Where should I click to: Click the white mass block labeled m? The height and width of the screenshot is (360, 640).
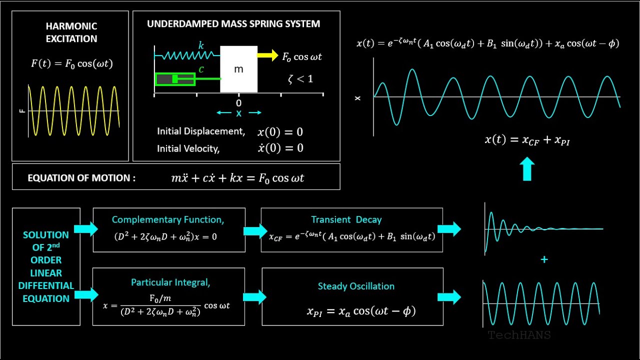(x=238, y=69)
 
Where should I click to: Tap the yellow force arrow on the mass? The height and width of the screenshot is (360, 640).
(x=268, y=55)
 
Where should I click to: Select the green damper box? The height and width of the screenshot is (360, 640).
(x=175, y=79)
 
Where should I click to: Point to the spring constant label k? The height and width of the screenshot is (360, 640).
(x=201, y=45)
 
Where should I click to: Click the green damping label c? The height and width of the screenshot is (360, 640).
(x=201, y=69)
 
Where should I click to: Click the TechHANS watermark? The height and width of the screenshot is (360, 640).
(x=519, y=335)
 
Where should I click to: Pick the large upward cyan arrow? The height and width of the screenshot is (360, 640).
(x=527, y=169)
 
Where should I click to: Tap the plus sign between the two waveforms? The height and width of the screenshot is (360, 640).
(x=544, y=259)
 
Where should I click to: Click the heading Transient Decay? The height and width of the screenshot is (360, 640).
(x=346, y=219)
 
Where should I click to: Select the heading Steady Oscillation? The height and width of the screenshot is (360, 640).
(x=356, y=286)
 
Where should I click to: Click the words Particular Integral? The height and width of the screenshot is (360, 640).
(x=170, y=282)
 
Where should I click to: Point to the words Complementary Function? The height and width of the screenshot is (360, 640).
(x=167, y=219)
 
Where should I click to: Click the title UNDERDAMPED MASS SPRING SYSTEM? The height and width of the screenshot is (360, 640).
(x=233, y=24)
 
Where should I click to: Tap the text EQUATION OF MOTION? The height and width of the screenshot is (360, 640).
(x=81, y=178)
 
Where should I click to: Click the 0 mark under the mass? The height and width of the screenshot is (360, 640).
(x=238, y=103)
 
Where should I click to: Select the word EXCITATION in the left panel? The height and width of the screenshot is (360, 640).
(x=71, y=38)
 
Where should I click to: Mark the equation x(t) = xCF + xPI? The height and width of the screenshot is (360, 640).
(x=527, y=140)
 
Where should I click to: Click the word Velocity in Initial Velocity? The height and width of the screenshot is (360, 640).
(x=202, y=148)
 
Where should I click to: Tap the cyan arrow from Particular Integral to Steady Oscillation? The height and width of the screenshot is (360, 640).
(x=254, y=297)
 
